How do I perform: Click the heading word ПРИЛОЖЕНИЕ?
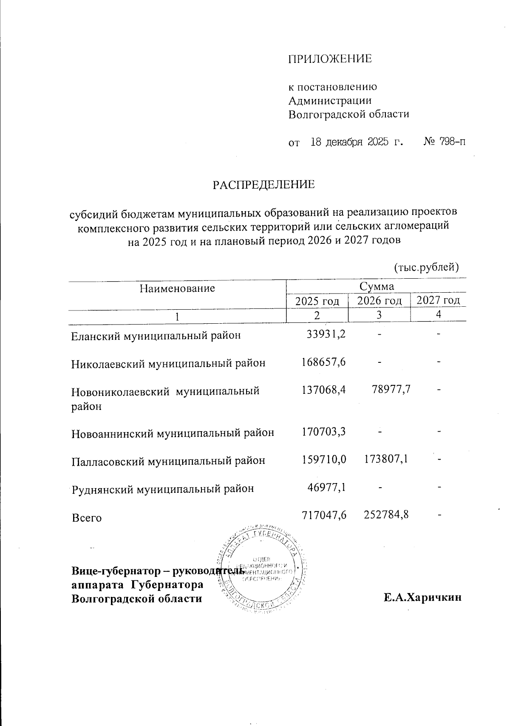pos(330,59)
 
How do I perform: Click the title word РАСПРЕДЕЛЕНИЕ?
pos(263,185)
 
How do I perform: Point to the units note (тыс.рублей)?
pos(426,267)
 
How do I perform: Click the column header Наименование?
pos(177,289)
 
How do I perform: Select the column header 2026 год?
pos(379,301)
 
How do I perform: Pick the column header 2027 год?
pos(438,301)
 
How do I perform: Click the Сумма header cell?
pos(377,286)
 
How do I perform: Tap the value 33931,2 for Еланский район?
pos(326,334)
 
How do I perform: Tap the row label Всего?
pos(87,518)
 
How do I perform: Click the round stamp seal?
pos(262,570)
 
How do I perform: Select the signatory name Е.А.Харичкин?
pos(422,598)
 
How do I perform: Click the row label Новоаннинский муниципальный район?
pos(173,434)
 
